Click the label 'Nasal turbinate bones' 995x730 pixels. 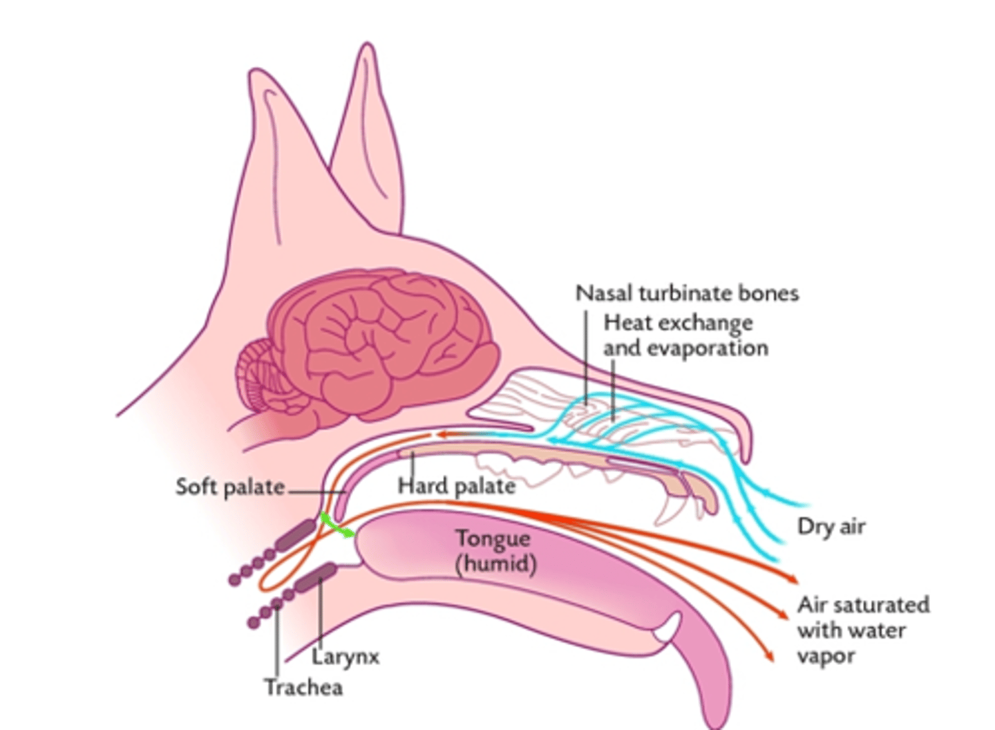687,293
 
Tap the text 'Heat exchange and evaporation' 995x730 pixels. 685,335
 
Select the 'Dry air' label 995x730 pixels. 831,527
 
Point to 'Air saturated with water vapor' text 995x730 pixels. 862,630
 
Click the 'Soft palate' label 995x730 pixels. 229,487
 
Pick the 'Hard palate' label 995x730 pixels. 457,486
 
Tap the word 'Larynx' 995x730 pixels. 345,655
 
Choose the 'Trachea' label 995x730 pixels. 303,687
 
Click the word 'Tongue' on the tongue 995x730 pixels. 493,539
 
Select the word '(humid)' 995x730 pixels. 495,564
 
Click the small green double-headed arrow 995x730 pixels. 336,525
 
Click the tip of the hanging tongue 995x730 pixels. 712,712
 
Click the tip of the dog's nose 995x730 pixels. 745,442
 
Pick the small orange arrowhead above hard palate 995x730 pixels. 438,435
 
